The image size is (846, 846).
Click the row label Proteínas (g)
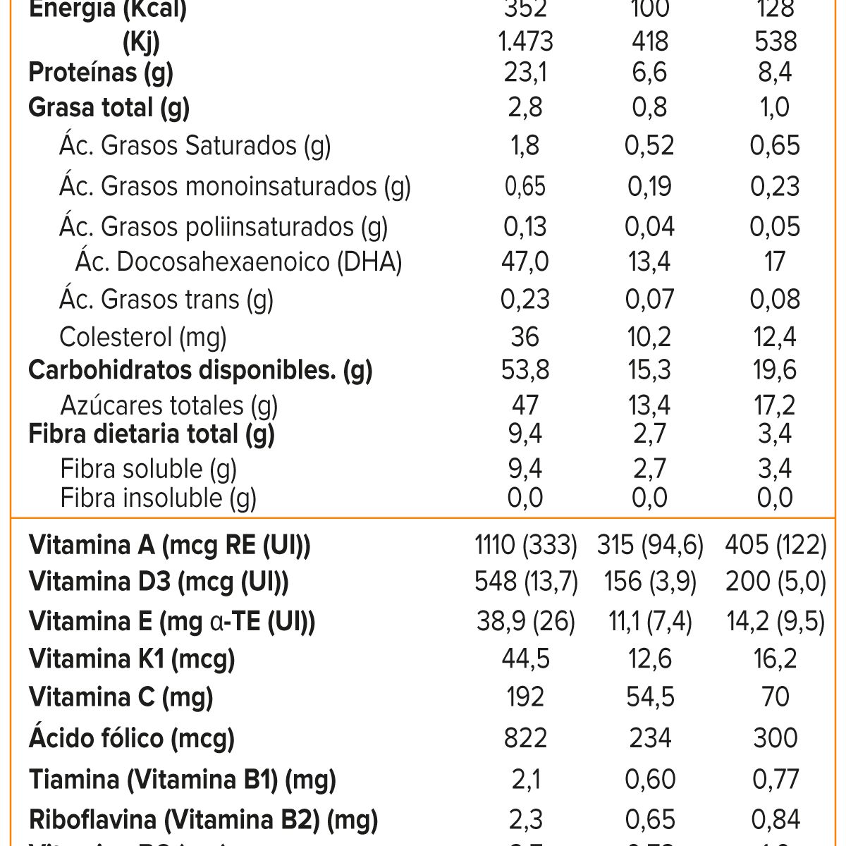[100, 73]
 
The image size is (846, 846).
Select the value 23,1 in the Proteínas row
[525, 73]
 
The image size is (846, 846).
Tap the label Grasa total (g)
[109, 108]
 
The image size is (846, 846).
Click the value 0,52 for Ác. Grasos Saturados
[649, 146]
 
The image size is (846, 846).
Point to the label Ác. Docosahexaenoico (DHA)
[238, 262]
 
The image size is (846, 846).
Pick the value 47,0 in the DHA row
[525, 262]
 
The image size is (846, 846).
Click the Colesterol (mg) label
[142, 337]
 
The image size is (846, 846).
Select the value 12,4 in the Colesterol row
[774, 337]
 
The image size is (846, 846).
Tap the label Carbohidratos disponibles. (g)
[200, 370]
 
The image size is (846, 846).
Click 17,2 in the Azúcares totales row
[774, 405]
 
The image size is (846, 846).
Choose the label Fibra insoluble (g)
[158, 498]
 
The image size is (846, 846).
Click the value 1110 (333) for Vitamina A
[525, 545]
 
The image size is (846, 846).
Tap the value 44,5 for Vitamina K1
[525, 658]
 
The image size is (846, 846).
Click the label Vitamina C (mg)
[121, 697]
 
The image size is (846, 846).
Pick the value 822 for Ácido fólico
[525, 738]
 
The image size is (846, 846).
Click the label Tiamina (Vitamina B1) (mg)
[182, 780]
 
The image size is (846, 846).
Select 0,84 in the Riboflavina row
[774, 820]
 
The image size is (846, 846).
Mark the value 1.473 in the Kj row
[525, 42]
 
